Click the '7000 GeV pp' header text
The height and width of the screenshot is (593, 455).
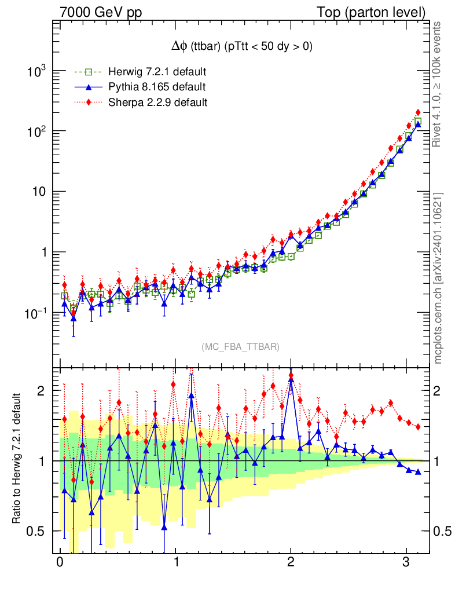101,12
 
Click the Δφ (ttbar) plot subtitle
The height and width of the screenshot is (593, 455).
238,47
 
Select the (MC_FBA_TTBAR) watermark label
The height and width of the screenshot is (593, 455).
241,347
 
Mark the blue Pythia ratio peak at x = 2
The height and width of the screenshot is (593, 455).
291,380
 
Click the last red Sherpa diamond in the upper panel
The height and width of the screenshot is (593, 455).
418,112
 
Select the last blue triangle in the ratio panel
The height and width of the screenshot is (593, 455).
418,471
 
